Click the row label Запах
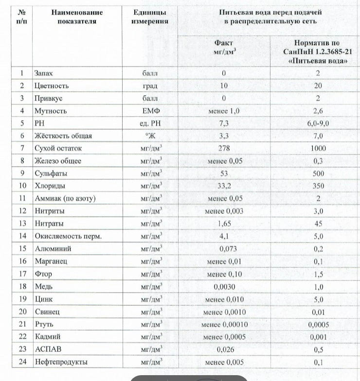tap(43, 73)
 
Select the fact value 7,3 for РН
tap(224, 123)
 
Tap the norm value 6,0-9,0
tap(318, 123)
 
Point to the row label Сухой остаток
tap(58, 148)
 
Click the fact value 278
tap(224, 148)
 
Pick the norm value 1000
tap(318, 148)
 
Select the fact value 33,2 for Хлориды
tap(224, 186)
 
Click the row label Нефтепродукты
tap(61, 362)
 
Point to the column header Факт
tap(224, 42)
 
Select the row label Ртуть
tap(44, 324)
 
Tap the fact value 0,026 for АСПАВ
tap(224, 349)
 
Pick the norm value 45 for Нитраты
tap(318, 224)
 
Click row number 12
tap(22, 211)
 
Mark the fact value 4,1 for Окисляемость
tap(224, 236)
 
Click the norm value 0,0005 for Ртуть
tap(318, 325)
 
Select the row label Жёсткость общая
tap(63, 136)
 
